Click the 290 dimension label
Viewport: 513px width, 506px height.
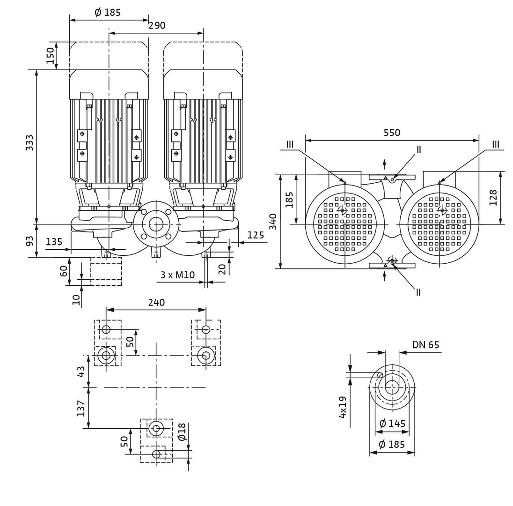157,25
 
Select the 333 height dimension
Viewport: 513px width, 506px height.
29,142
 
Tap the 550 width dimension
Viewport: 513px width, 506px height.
392,133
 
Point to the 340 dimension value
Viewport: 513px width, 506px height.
273,221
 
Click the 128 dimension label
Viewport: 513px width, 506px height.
493,197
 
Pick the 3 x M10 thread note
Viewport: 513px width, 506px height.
177,275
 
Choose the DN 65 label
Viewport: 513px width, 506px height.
425,345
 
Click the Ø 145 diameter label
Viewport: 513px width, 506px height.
392,424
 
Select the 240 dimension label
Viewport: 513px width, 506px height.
156,302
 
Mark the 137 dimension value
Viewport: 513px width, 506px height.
81,408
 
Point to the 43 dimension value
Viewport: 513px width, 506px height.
81,372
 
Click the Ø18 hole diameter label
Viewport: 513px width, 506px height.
182,432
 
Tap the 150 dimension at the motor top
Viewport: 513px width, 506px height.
50,56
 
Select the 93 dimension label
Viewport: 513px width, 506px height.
29,241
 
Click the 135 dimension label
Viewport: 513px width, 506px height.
54,242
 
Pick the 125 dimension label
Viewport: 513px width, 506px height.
256,235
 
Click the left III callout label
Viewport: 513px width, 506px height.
290,144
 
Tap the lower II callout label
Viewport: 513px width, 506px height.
418,292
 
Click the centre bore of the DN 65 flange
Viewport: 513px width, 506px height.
392,387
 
